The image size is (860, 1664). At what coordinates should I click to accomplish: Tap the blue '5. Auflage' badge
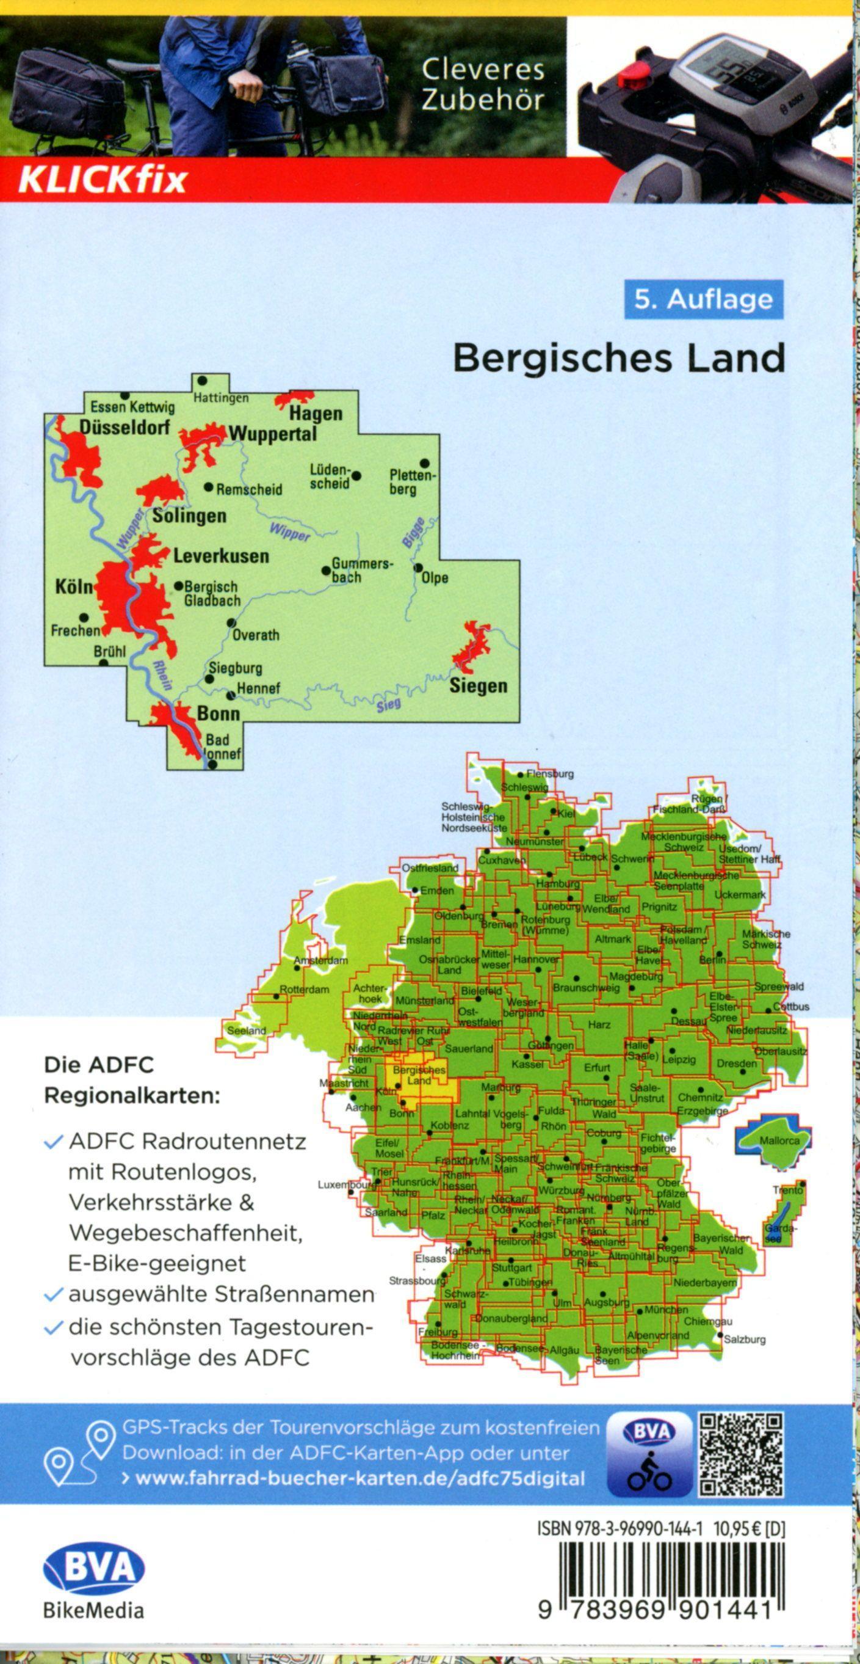(703, 300)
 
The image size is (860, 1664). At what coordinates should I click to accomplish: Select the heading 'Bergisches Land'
(618, 359)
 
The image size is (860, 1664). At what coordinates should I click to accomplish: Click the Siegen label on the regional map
(478, 686)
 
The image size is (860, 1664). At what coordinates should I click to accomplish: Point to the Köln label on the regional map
(74, 587)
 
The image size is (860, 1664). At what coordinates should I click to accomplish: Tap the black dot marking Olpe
(417, 568)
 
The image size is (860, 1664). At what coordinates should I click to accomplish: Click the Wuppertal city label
(272, 434)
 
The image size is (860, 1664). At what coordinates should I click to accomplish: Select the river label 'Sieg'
(389, 705)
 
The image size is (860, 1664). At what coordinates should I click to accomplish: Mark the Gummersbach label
(360, 570)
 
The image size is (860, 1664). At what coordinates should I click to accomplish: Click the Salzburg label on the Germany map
(745, 1340)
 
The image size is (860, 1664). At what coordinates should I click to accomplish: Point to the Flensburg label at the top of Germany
(549, 773)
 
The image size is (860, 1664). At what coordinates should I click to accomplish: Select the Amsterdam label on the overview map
(320, 960)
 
